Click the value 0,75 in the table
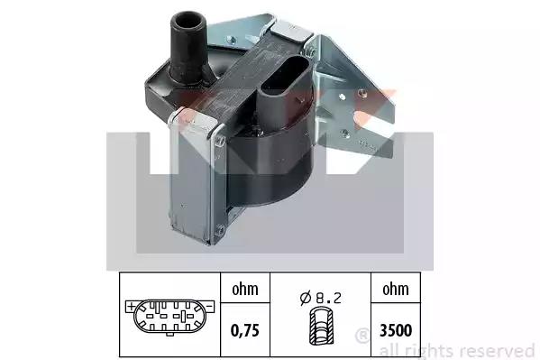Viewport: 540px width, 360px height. click(x=244, y=330)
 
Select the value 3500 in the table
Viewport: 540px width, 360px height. click(x=396, y=330)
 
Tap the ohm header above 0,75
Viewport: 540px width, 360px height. click(x=245, y=289)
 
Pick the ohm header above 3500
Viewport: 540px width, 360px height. click(x=396, y=289)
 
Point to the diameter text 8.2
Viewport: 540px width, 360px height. click(x=328, y=298)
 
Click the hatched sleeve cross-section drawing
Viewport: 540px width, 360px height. click(x=321, y=327)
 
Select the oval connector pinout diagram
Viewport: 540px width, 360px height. click(x=169, y=317)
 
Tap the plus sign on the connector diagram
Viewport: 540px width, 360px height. click(x=131, y=306)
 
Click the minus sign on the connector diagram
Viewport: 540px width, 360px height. click(x=210, y=306)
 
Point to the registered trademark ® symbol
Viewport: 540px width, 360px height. click(x=362, y=336)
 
